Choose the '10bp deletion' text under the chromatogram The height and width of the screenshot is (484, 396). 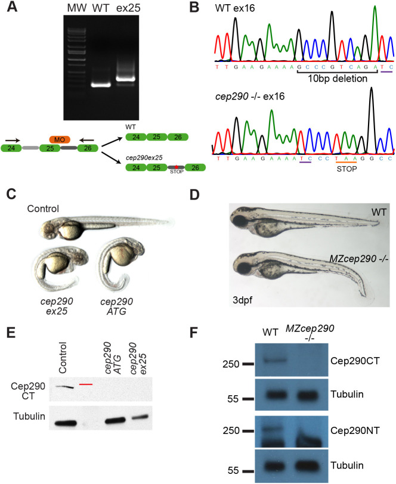[x=335, y=78]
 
